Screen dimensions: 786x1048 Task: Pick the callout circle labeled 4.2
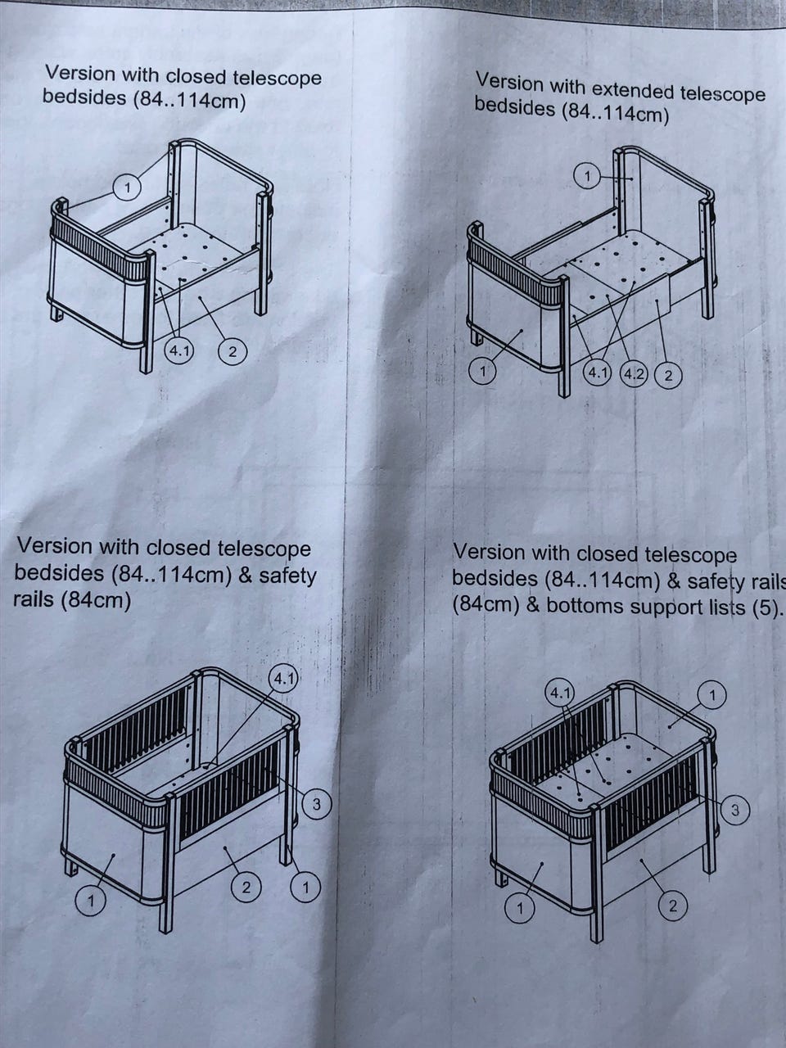click(633, 374)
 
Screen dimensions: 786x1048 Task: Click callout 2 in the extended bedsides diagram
click(668, 376)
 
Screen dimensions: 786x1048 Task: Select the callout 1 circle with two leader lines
click(127, 188)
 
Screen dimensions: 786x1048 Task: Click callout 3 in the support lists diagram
click(735, 810)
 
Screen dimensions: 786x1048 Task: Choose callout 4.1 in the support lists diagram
click(560, 693)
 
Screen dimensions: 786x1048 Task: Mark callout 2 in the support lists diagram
click(672, 906)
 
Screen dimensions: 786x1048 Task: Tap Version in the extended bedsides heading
click(510, 83)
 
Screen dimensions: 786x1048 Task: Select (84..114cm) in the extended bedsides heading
click(615, 114)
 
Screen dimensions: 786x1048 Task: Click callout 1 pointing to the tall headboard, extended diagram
click(588, 177)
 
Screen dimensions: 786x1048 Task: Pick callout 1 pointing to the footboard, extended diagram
click(482, 372)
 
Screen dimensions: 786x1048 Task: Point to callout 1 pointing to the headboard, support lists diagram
click(712, 696)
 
